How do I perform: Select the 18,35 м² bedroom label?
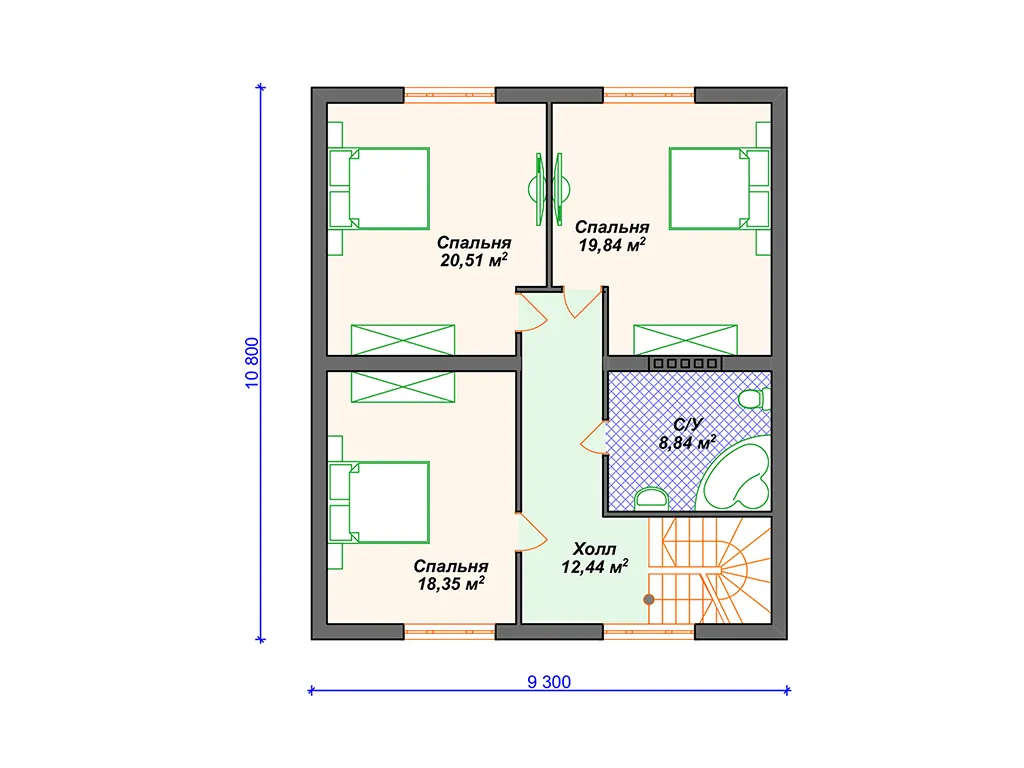pyautogui.click(x=451, y=575)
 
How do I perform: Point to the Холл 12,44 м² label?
pyautogui.click(x=594, y=558)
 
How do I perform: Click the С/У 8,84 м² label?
pyautogui.click(x=687, y=434)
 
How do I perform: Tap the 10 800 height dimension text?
pyautogui.click(x=252, y=363)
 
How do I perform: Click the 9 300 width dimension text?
pyautogui.click(x=549, y=682)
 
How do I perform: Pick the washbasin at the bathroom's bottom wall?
pyautogui.click(x=651, y=498)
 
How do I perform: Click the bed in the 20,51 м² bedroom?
pyautogui.click(x=379, y=189)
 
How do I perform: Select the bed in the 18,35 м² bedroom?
pyautogui.click(x=379, y=502)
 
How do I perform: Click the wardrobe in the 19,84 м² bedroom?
pyautogui.click(x=686, y=340)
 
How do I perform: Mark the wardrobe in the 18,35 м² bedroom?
pyautogui.click(x=403, y=387)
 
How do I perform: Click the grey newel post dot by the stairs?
pyautogui.click(x=648, y=600)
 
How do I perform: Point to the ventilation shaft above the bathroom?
pyautogui.click(x=685, y=363)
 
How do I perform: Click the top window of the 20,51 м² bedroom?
pyautogui.click(x=449, y=95)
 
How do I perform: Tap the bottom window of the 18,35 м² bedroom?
pyautogui.click(x=449, y=632)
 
